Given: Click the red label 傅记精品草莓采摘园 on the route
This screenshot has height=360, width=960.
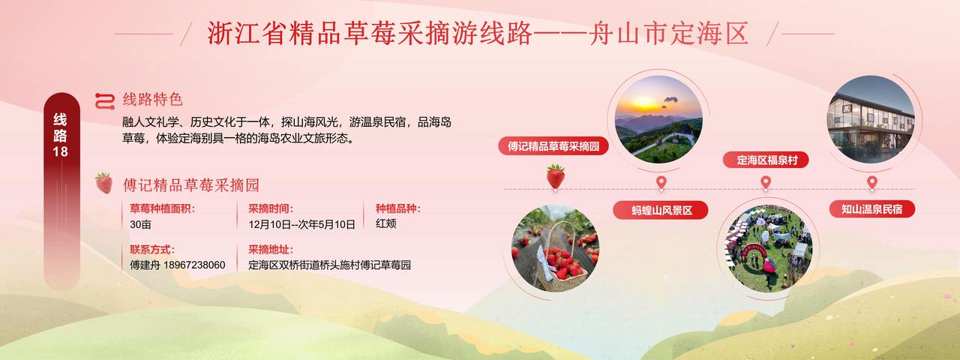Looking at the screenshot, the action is (553, 146).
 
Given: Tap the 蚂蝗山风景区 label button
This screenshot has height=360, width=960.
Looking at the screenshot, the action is (661, 211).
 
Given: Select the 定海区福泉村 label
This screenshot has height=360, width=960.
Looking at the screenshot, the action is (766, 160).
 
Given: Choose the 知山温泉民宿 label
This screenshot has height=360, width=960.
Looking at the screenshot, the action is (871, 209).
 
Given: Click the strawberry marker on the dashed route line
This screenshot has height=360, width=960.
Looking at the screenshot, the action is (556, 176).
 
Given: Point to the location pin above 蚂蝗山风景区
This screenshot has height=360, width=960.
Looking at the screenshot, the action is (661, 183).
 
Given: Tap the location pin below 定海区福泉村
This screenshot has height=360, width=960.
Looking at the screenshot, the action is (766, 183).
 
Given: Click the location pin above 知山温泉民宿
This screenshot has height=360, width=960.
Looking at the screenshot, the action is (871, 183).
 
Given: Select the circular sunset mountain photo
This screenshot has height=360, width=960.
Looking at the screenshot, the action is (658, 119).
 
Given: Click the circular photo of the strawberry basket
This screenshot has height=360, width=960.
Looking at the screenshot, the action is (556, 248).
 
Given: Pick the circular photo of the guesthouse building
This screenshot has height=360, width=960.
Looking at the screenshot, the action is (871, 119).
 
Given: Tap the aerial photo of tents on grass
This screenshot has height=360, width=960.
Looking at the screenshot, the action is (769, 248).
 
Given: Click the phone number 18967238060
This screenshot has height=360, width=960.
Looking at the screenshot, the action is (194, 265).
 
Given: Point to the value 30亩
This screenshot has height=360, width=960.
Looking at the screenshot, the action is (140, 224).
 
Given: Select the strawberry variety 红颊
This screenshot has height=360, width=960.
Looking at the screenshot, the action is (385, 223).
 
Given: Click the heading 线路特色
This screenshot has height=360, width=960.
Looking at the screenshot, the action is (152, 100).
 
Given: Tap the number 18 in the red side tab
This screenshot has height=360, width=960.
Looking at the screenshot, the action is (61, 151).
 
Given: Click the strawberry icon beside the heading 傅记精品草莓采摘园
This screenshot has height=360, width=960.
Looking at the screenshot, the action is (103, 183).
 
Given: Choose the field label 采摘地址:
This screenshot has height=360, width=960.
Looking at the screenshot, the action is (271, 250).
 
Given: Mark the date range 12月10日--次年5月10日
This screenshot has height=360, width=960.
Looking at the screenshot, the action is (301, 224).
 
